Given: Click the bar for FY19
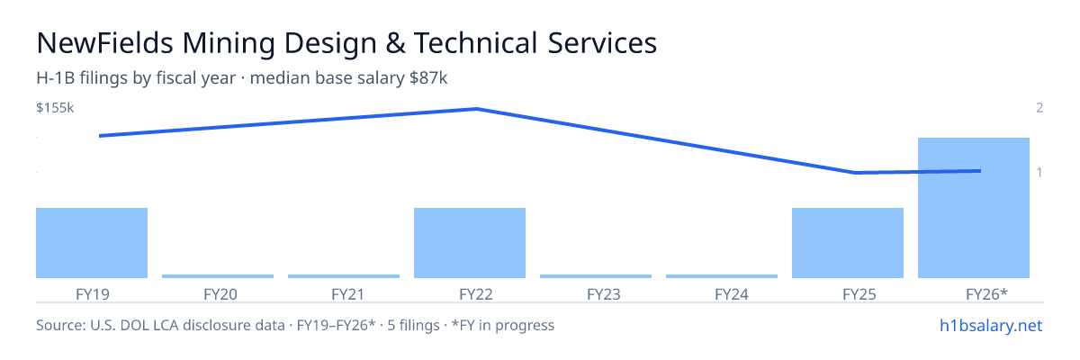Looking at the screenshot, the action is pyautogui.click(x=92, y=243).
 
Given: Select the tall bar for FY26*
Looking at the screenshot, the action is pyautogui.click(x=974, y=208).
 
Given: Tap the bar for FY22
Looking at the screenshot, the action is pyautogui.click(x=470, y=243).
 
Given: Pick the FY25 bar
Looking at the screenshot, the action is pyautogui.click(x=848, y=243).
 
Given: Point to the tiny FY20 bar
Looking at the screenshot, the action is pyautogui.click(x=218, y=276).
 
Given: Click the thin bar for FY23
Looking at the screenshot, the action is pyautogui.click(x=596, y=276).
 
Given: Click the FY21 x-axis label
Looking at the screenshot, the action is pyautogui.click(x=348, y=294).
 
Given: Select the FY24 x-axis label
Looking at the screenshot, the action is pyautogui.click(x=732, y=294).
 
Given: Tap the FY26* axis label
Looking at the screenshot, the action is pyautogui.click(x=987, y=294).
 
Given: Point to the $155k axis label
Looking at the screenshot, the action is pyautogui.click(x=55, y=107).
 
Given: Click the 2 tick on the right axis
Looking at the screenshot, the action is pyautogui.click(x=1039, y=107).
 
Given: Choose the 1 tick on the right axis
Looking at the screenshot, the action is pyautogui.click(x=1039, y=172).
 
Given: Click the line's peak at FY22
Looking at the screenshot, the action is pyautogui.click(x=477, y=109).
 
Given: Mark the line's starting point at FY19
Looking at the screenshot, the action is pyautogui.click(x=100, y=136).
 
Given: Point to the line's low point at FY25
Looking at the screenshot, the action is pyautogui.click(x=855, y=173).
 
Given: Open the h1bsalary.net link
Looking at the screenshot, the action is pyautogui.click(x=991, y=325).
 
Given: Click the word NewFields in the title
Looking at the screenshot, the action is pyautogui.click(x=104, y=42).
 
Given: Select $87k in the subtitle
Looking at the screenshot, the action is pyautogui.click(x=428, y=77).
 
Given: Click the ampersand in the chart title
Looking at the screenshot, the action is pyautogui.click(x=395, y=43).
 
